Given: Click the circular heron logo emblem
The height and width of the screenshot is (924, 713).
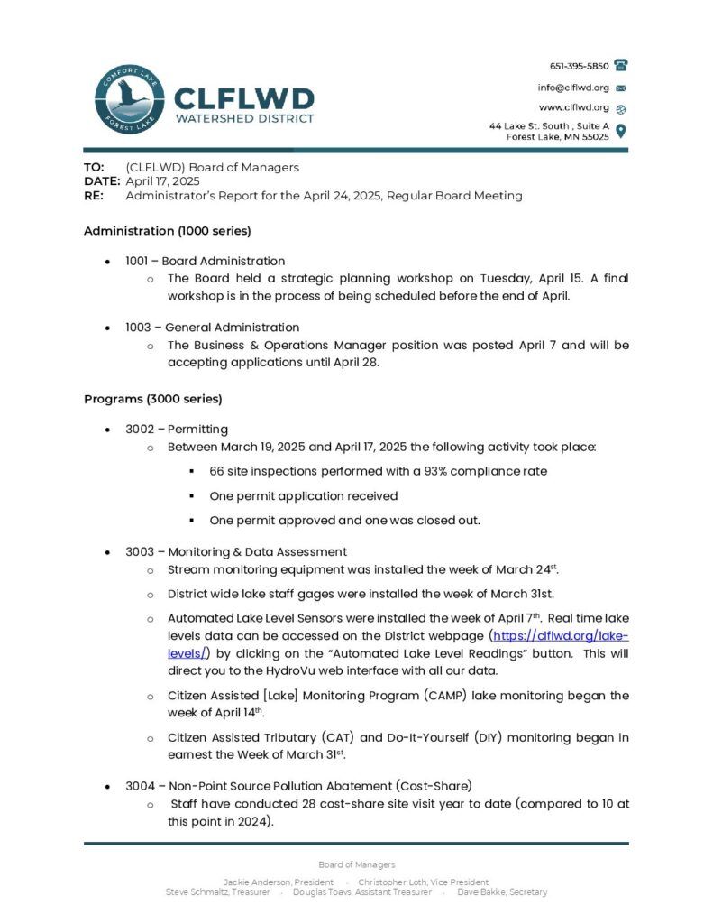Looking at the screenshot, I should pyautogui.click(x=129, y=101).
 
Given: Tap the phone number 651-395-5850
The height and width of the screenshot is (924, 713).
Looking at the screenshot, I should pyautogui.click(x=580, y=66).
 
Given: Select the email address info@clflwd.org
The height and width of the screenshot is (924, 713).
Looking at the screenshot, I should pyautogui.click(x=573, y=88).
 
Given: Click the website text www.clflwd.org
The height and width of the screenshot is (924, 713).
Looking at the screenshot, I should pyautogui.click(x=574, y=107).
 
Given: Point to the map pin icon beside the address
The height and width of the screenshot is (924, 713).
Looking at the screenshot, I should pyautogui.click(x=621, y=131).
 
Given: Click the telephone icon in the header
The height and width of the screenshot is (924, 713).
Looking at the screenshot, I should pyautogui.click(x=621, y=65).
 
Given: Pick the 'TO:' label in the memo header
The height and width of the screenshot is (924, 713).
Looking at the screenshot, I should pyautogui.click(x=94, y=167).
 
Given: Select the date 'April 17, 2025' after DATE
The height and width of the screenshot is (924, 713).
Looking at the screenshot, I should pyautogui.click(x=162, y=181).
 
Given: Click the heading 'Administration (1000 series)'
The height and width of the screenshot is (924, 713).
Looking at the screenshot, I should pyautogui.click(x=167, y=230).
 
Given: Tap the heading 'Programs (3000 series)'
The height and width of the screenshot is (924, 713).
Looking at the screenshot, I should pyautogui.click(x=152, y=398).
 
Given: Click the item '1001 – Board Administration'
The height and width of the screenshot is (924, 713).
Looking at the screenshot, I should pyautogui.click(x=205, y=261).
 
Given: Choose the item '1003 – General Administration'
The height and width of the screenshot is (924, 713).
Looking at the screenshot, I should pyautogui.click(x=212, y=327).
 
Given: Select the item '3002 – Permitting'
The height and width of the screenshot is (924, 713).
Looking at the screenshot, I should pyautogui.click(x=177, y=429).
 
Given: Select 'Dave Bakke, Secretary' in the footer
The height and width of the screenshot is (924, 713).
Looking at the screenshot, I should pyautogui.click(x=502, y=892).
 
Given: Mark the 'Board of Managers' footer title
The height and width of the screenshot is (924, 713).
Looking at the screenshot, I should pyautogui.click(x=356, y=864).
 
